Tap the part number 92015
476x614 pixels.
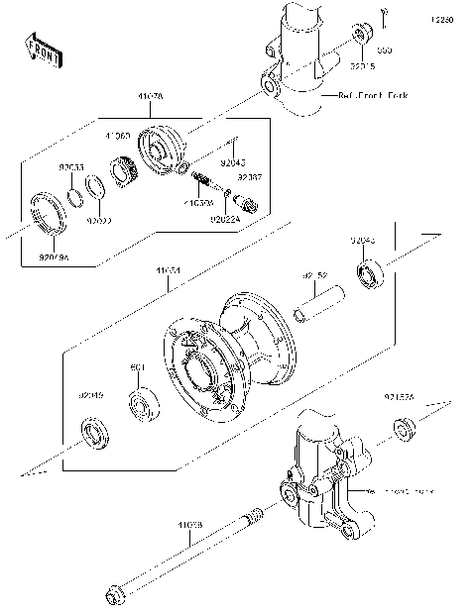point(362,67)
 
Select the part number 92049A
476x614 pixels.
point(56,257)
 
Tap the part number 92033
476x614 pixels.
point(71,168)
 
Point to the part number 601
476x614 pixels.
point(139,368)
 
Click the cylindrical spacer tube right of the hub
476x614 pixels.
point(321,307)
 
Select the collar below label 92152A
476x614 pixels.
point(404,429)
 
